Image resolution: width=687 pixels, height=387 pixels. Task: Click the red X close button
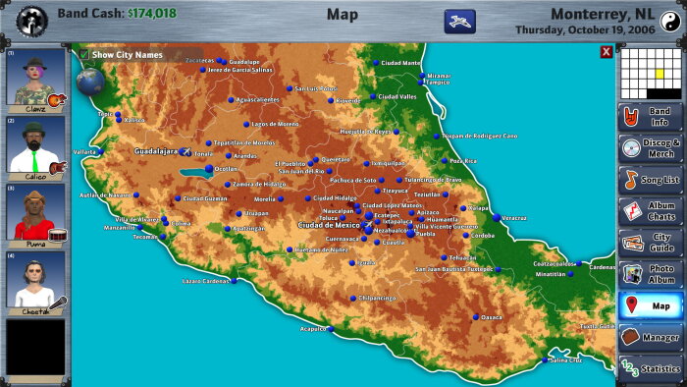click(606, 52)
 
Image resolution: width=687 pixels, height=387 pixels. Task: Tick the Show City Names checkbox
click(83, 55)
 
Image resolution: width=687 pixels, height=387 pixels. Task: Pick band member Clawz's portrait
click(36, 79)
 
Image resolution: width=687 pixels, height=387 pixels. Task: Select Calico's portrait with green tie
click(36, 146)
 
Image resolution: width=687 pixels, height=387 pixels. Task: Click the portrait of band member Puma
click(36, 214)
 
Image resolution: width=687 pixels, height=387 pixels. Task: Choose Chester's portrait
click(36, 282)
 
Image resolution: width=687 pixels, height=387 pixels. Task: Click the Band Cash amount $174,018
click(151, 14)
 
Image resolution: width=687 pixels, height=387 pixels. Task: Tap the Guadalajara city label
click(156, 152)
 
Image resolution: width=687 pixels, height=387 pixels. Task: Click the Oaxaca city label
click(491, 317)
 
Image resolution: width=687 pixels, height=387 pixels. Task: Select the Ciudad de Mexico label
click(329, 225)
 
